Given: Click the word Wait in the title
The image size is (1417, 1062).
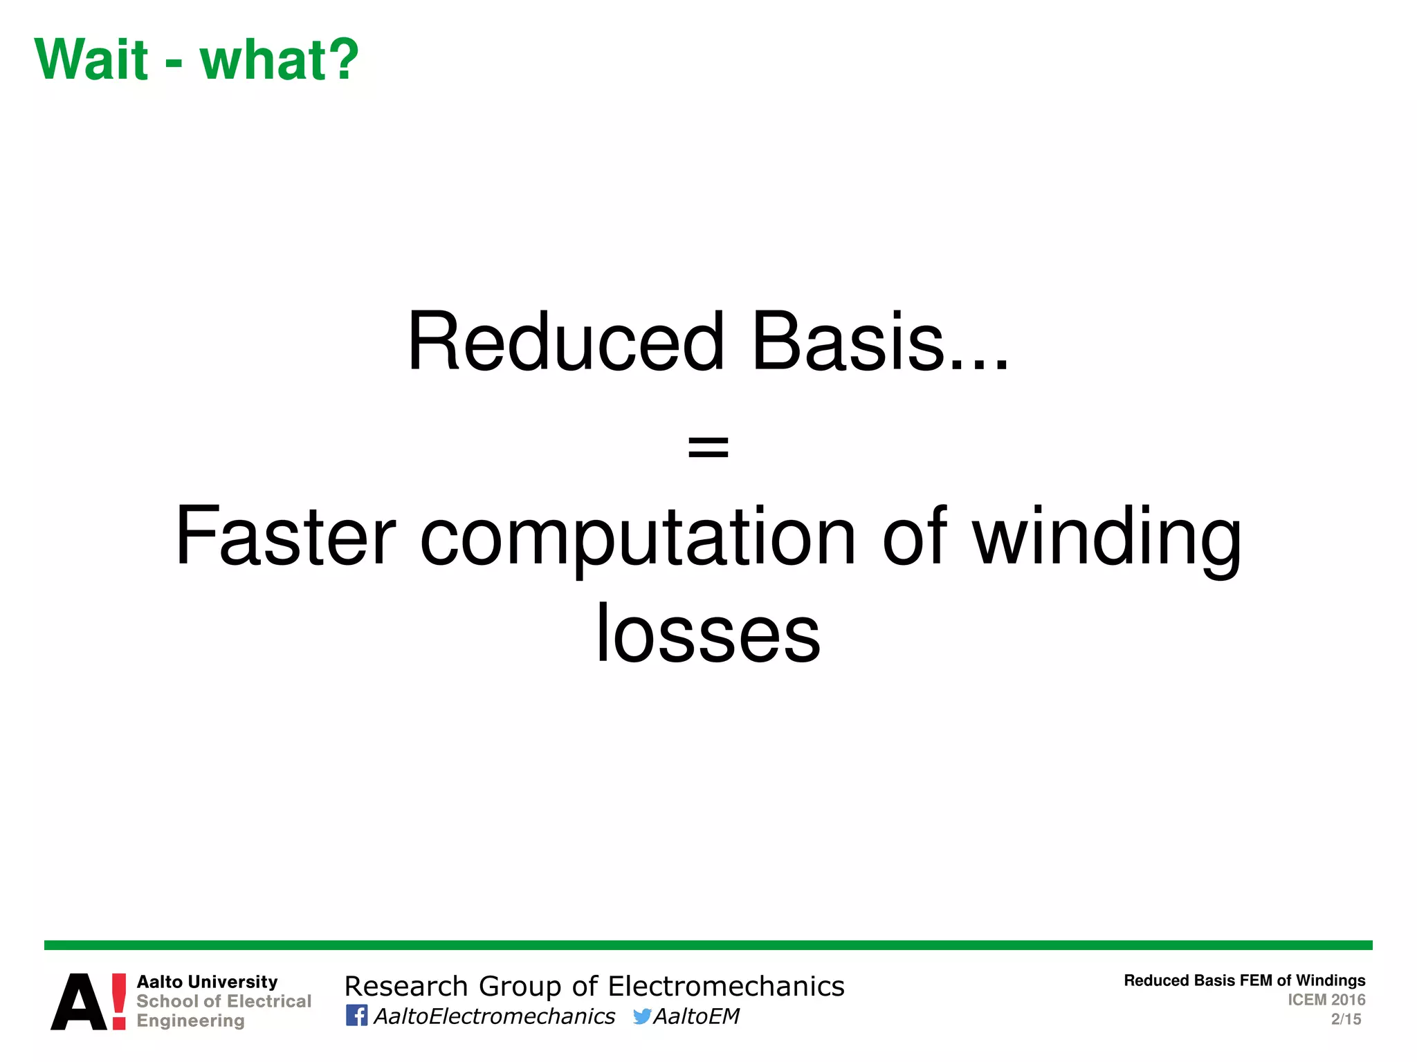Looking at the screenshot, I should (x=91, y=60).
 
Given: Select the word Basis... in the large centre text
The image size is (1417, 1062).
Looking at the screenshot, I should (x=879, y=342).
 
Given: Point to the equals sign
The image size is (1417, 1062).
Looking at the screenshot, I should (x=708, y=447).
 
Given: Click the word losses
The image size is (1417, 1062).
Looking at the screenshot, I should (x=708, y=634).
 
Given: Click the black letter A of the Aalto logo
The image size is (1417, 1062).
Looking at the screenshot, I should (x=80, y=1003).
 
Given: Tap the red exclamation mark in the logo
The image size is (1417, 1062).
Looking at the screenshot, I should (x=119, y=1001).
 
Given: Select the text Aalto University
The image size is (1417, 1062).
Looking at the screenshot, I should (x=207, y=982).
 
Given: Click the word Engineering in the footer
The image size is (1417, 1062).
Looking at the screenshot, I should (x=190, y=1021).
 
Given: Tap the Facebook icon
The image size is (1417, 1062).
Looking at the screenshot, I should (x=356, y=1015).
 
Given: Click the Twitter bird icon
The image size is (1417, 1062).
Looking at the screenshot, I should (x=641, y=1016).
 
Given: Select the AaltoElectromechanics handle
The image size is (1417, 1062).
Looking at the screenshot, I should (x=494, y=1016).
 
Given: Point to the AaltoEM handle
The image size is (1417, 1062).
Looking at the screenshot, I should (x=696, y=1016).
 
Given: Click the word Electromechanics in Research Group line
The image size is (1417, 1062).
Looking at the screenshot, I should (x=726, y=987).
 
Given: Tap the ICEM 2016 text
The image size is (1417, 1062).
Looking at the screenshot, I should (x=1326, y=1000).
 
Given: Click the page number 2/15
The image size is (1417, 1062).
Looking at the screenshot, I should (x=1346, y=1019).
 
